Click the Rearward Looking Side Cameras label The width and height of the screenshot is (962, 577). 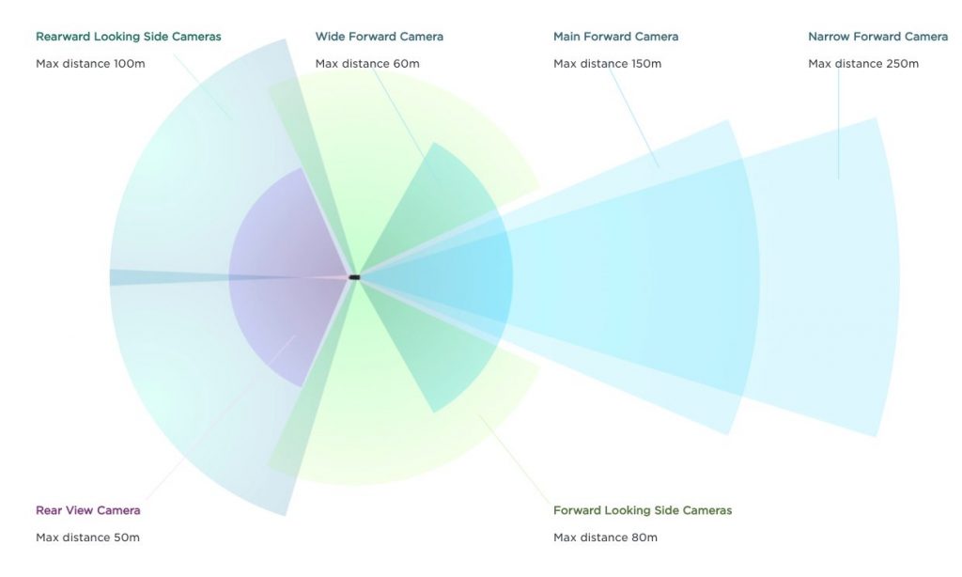point(128,37)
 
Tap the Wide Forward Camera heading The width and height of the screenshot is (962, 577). point(379,37)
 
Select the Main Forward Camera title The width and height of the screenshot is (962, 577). point(615,37)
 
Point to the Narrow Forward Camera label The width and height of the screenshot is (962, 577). point(877,37)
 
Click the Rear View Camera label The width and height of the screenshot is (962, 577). point(87,510)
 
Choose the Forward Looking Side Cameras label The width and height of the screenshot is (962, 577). point(642,510)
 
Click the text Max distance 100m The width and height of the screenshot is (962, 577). point(90,64)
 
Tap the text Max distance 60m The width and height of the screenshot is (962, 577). point(366,64)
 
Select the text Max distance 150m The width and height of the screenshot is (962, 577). point(607,64)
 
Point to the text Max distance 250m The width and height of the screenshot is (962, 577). point(862,64)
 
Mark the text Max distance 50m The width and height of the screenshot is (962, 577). point(87,538)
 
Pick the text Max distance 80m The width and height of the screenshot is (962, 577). point(605,538)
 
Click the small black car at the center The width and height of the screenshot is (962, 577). point(354,277)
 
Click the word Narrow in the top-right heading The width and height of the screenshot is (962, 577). point(828,37)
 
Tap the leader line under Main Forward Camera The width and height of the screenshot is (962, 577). point(635,117)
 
